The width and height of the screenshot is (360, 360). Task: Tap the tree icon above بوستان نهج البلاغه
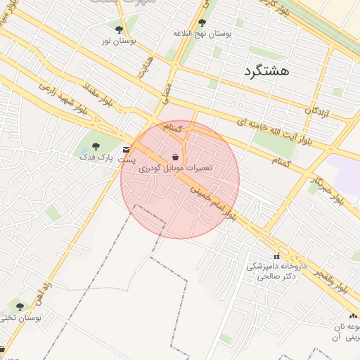tap(202, 23)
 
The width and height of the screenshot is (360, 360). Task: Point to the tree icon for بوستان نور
tap(118, 30)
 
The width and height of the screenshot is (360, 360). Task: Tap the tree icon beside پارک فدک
tap(96, 147)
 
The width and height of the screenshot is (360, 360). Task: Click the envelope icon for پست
tap(126, 150)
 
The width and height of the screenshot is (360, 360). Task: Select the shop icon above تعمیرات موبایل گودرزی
tap(174, 156)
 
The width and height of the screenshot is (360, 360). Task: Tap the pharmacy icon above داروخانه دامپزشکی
tap(276, 256)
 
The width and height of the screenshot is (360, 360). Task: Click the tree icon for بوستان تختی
tap(20, 307)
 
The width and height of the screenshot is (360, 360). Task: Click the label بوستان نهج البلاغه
tap(202, 34)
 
